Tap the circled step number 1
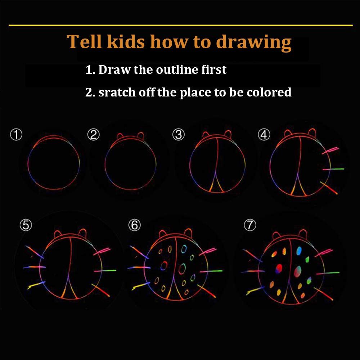(x=16, y=135)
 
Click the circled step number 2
(x=93, y=135)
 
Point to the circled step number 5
(x=26, y=225)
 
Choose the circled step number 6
(x=134, y=225)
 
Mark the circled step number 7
(x=249, y=225)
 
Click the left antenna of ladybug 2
(x=120, y=136)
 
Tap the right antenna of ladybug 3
(x=228, y=134)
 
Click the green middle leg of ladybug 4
(x=334, y=168)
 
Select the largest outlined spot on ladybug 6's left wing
(x=164, y=266)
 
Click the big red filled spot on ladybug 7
(x=279, y=268)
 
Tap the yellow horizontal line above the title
(x=180, y=25)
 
